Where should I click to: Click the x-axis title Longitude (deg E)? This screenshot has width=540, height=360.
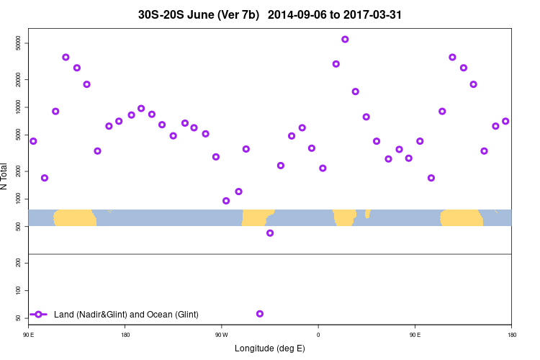coord(270,348)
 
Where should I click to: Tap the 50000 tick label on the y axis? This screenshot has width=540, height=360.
coord(17,43)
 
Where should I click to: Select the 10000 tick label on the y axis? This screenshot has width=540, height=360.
coord(17,107)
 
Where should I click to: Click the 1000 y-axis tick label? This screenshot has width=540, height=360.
coord(17,198)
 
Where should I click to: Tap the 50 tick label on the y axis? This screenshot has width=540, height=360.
coord(17,318)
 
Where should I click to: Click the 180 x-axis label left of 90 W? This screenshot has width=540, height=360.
coord(125,334)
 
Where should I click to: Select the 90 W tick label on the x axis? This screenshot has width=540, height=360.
coord(221,334)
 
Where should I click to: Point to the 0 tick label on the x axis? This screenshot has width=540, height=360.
coord(318,334)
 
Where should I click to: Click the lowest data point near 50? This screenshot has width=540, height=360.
coord(260,314)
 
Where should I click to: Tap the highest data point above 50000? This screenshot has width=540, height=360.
coord(345,40)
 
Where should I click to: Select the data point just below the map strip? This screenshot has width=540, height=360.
coord(270,233)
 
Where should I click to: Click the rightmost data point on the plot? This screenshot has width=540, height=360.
coord(505,121)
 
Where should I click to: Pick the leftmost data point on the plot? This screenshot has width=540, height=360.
coord(33,141)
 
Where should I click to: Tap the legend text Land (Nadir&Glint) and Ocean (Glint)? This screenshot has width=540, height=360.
coord(126,315)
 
